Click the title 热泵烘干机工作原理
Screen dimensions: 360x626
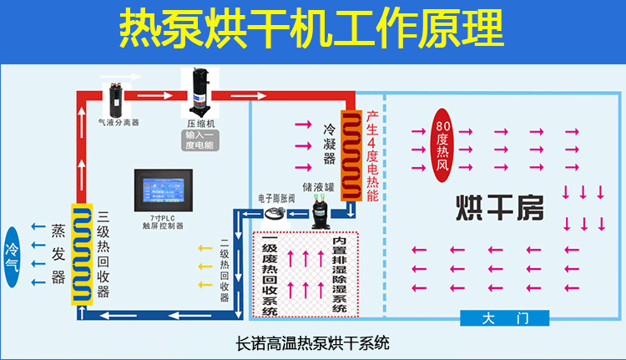pyautogui.click(x=312, y=28)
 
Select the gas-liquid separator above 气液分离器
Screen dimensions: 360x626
pyautogui.click(x=115, y=96)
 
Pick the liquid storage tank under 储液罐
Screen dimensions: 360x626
pyautogui.click(x=321, y=211)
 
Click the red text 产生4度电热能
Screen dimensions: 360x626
pyautogui.click(x=372, y=155)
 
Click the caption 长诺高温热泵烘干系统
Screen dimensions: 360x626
pyautogui.click(x=313, y=342)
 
